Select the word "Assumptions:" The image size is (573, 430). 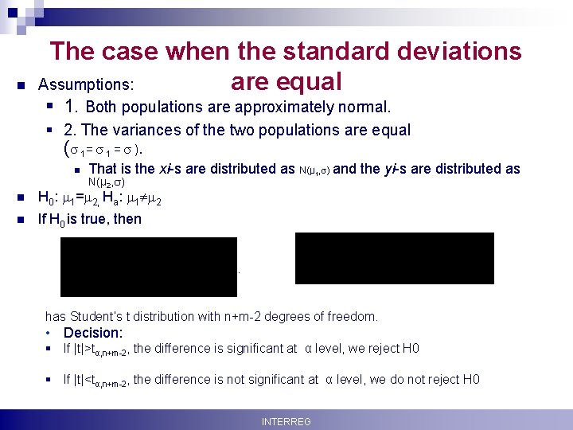tap(86, 84)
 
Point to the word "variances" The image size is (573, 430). tap(150, 130)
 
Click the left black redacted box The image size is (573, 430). tap(149, 266)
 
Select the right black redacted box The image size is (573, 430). tap(394, 258)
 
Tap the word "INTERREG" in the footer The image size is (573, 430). tap(286, 421)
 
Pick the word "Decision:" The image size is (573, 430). tap(93, 333)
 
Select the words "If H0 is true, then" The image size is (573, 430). tap(90, 218)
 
